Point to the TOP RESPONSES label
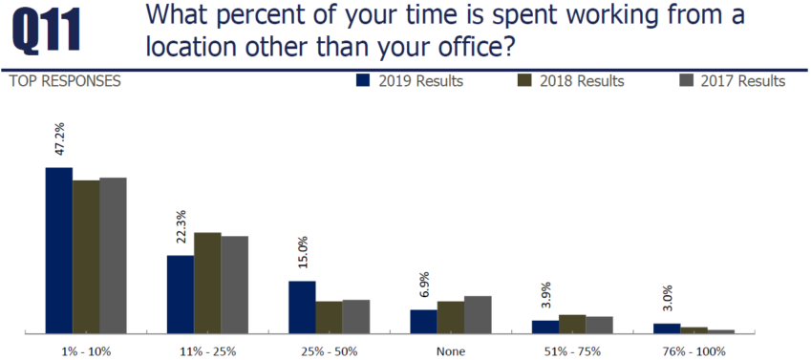coord(64,81)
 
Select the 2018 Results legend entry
coord(570,81)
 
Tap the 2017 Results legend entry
coord(732,81)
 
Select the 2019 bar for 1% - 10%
coord(59,250)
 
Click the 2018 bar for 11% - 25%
coord(207,283)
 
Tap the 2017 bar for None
coord(478,314)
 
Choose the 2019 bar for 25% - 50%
coord(302,307)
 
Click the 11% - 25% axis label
coord(207,350)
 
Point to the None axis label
coord(450,350)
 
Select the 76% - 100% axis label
coord(694,350)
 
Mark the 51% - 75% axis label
coord(572,350)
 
